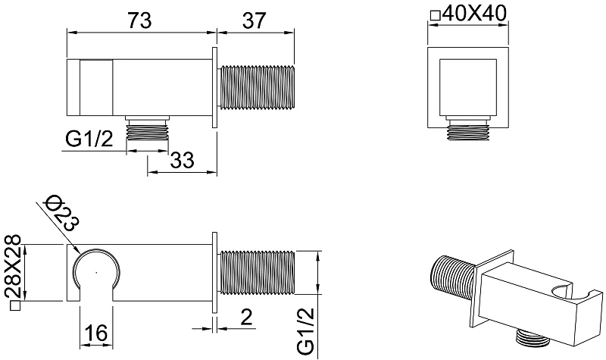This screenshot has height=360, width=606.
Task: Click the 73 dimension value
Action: [x=139, y=20]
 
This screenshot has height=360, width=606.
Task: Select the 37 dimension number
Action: [x=255, y=20]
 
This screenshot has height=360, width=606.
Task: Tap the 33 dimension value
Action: [x=182, y=159]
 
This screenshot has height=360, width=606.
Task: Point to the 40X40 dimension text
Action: [x=474, y=14]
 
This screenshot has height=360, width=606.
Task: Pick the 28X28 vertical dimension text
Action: [x=13, y=266]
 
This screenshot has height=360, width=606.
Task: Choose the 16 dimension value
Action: [x=96, y=332]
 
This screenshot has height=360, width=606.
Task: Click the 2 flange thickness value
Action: [x=245, y=317]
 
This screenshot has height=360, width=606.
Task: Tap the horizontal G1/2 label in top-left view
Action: [x=89, y=139]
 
